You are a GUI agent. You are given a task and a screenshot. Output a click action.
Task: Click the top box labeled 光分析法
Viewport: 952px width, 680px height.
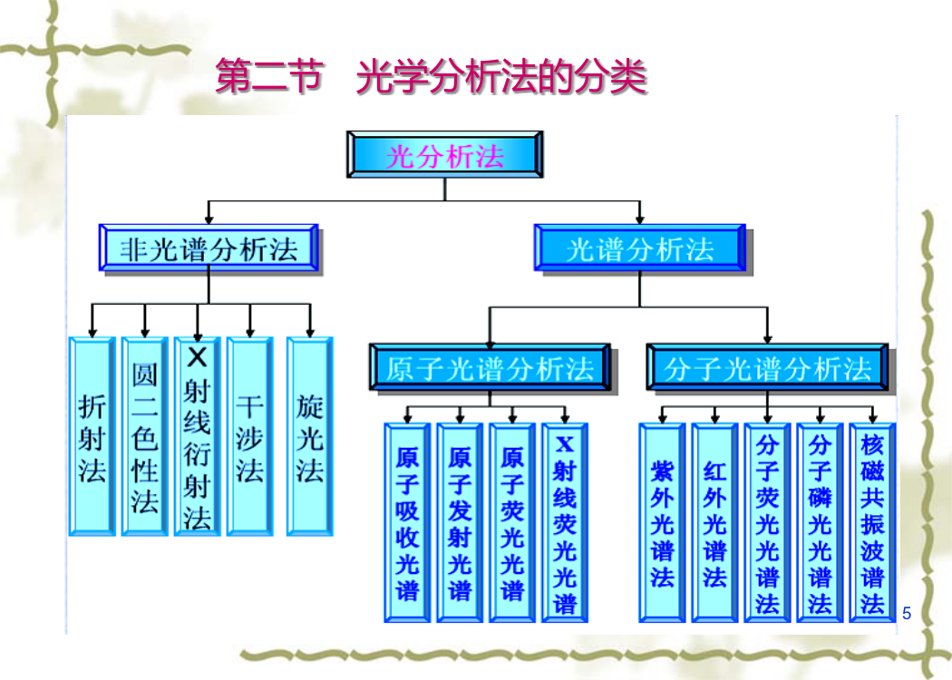click(444, 154)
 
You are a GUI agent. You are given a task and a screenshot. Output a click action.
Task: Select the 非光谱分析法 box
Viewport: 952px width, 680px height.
click(209, 248)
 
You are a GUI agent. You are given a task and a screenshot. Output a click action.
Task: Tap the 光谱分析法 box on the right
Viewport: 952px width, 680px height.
click(640, 248)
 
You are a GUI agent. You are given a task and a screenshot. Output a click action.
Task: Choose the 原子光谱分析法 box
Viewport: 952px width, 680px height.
click(490, 367)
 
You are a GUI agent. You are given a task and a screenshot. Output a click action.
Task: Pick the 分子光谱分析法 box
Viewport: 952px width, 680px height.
click(767, 367)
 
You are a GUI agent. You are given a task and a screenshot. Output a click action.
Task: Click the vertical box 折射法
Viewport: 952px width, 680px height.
click(92, 436)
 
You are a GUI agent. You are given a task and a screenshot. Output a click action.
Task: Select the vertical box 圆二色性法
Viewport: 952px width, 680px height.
click(144, 436)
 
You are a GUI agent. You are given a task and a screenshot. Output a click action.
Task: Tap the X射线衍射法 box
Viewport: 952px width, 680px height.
click(198, 436)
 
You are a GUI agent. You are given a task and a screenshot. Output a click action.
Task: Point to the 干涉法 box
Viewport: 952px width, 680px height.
click(250, 436)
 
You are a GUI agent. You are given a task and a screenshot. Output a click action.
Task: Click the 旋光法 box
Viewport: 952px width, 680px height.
click(310, 436)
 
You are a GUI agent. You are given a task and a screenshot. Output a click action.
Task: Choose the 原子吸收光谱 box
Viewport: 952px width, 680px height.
click(407, 523)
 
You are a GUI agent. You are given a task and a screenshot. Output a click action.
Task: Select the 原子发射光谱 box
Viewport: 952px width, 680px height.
click(460, 523)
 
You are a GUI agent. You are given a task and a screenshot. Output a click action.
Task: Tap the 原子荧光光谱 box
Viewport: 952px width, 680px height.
click(512, 523)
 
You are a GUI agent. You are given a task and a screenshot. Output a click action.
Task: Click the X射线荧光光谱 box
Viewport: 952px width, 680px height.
click(565, 523)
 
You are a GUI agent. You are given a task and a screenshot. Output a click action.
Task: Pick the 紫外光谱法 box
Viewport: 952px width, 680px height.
click(663, 523)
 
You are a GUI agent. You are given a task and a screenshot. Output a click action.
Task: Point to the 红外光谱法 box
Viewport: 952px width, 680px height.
click(714, 523)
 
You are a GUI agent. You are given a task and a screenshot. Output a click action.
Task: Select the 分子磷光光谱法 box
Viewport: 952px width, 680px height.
click(820, 523)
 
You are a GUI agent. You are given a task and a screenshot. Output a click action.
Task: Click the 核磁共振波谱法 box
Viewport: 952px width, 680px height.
click(872, 523)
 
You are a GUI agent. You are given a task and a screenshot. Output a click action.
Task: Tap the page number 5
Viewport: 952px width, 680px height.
click(907, 613)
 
